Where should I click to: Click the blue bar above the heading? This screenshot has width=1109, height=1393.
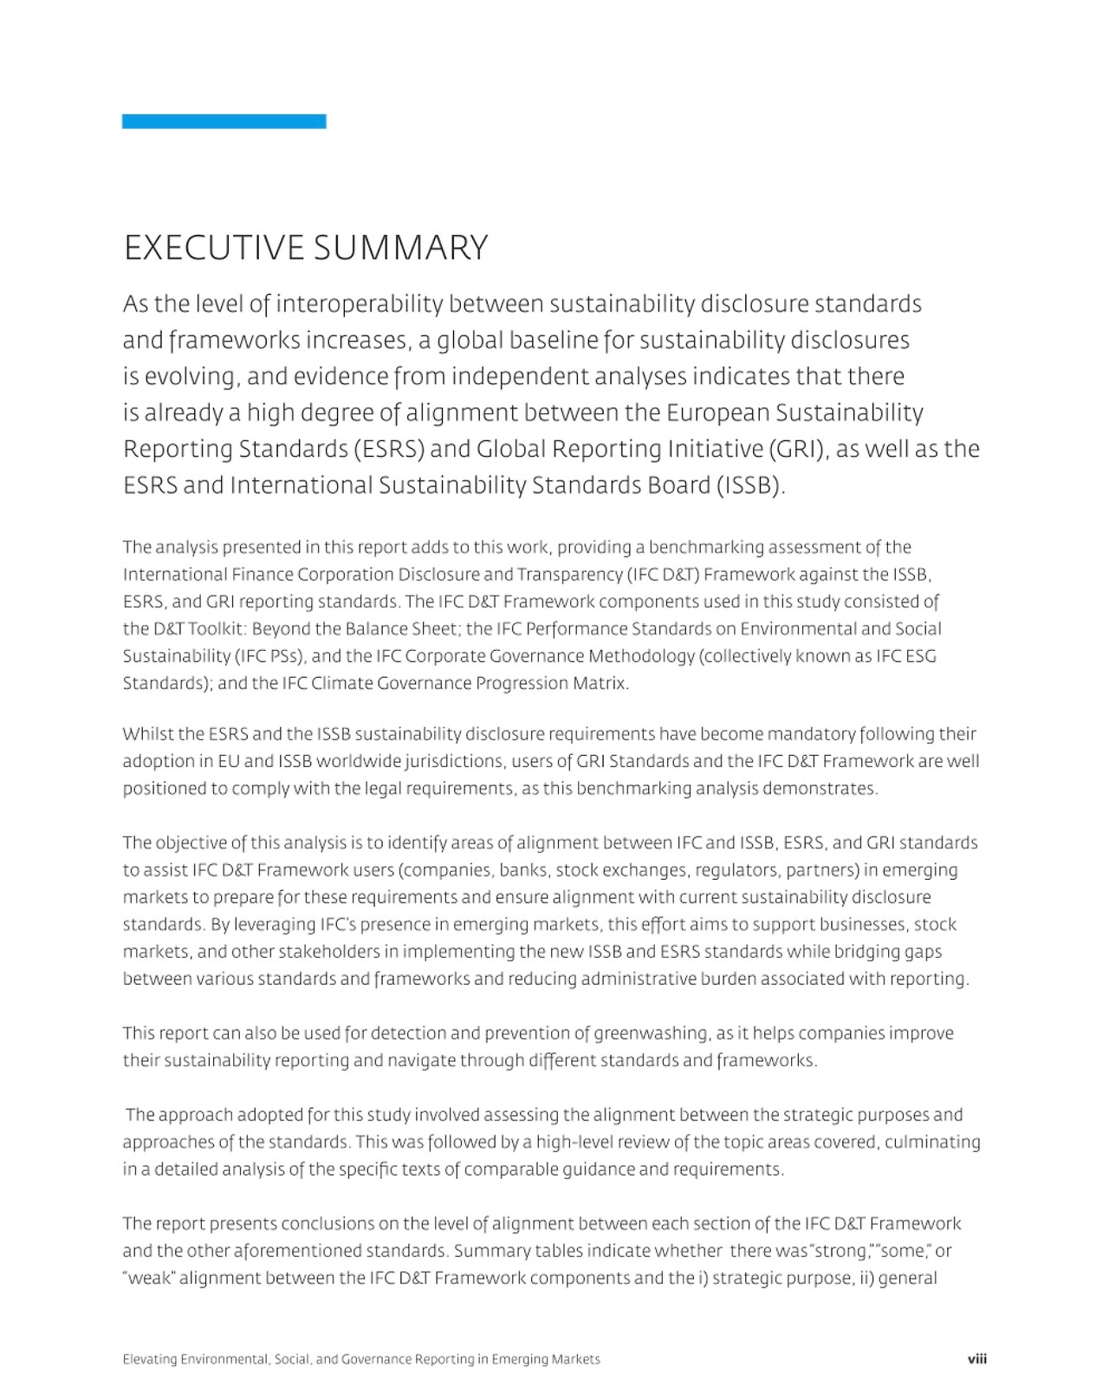224,121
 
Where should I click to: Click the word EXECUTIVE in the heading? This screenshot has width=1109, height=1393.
214,249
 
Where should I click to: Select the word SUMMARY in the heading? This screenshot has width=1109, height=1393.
400,249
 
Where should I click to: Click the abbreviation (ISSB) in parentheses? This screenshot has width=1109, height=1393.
749,485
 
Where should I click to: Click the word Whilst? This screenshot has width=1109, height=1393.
148,734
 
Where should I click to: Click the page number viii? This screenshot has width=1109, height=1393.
976,1359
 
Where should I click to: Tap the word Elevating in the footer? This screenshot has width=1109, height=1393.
149,1359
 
